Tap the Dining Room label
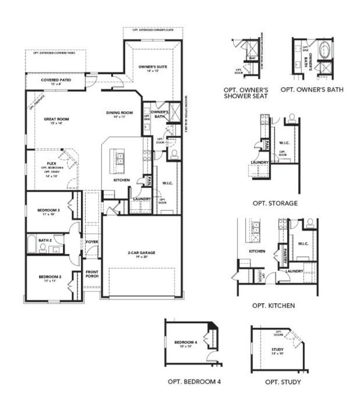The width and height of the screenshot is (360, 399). (x=120, y=113)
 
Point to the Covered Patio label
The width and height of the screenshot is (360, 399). (x=56, y=80)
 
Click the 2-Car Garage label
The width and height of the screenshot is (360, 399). (x=141, y=253)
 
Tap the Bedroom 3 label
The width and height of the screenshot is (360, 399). (x=49, y=210)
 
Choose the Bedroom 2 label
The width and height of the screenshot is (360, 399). (x=50, y=277)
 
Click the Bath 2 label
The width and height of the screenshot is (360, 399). (x=45, y=241)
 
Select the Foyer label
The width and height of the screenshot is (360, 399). (x=92, y=242)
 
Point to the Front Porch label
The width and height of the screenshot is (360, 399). (x=92, y=273)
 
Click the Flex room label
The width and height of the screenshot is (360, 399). (x=51, y=163)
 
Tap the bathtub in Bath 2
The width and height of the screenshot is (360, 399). (x=32, y=244)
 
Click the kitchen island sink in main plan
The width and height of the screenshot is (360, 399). (x=118, y=156)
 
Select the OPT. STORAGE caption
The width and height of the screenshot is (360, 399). (x=274, y=203)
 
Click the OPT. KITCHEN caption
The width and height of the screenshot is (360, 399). (x=273, y=305)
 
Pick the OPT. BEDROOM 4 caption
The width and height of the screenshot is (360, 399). (x=194, y=381)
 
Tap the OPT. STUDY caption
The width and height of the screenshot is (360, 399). (x=283, y=382)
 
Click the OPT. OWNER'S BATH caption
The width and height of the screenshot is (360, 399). (x=312, y=89)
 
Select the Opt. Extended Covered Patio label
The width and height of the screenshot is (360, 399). (x=54, y=53)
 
